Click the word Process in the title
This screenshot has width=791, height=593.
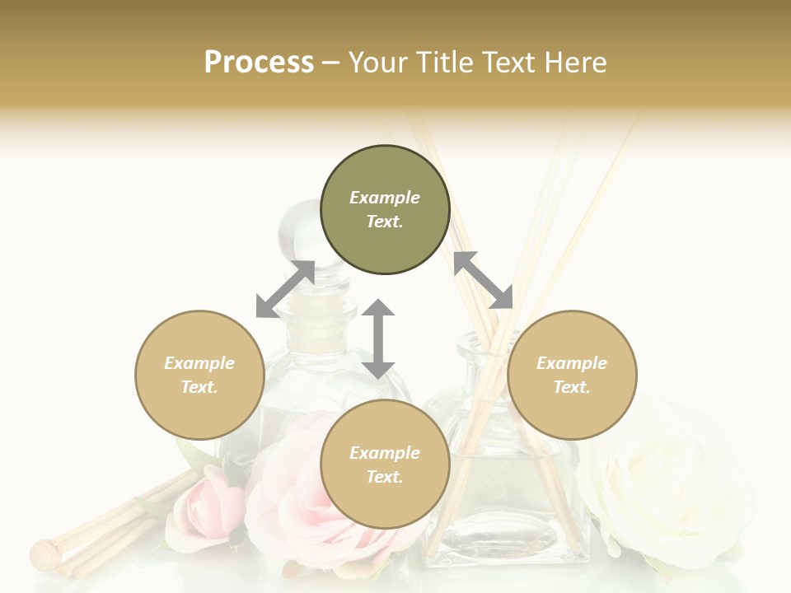[259, 63]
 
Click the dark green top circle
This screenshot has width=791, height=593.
[385, 210]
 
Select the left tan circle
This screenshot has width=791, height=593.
[199, 375]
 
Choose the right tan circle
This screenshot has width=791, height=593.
[572, 375]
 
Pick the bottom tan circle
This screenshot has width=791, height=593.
[385, 464]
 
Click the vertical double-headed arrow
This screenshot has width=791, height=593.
[378, 339]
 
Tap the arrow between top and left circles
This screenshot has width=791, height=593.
[285, 289]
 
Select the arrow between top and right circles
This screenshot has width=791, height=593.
[484, 280]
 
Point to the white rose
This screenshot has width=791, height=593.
[667, 486]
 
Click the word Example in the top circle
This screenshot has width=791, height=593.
[385, 198]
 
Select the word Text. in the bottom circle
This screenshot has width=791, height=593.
[385, 477]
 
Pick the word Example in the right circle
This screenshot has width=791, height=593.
[572, 363]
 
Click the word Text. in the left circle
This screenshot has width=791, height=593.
[199, 387]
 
